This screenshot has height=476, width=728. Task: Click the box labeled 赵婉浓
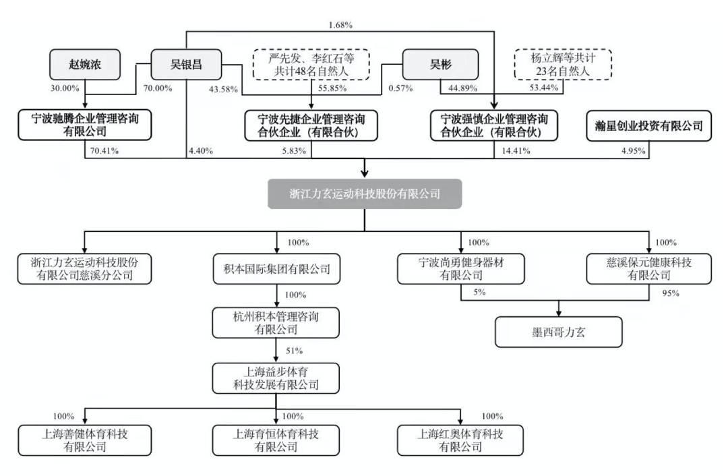(x=85, y=65)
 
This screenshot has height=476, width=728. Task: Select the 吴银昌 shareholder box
(x=186, y=65)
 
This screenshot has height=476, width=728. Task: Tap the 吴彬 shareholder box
(x=440, y=65)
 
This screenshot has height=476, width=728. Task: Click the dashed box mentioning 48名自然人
(x=311, y=65)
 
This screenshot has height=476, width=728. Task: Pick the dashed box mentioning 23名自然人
(x=563, y=65)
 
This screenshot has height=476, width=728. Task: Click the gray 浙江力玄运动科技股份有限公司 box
(x=365, y=194)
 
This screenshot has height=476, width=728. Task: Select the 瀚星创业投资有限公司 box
(x=648, y=126)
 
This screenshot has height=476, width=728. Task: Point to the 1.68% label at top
(x=340, y=25)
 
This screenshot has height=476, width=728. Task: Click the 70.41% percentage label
(x=104, y=151)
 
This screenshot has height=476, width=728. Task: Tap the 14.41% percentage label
(x=516, y=151)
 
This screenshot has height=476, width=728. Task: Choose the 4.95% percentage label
(x=633, y=151)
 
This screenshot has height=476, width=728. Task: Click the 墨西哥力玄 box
(x=559, y=332)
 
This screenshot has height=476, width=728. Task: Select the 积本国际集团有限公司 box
(x=277, y=269)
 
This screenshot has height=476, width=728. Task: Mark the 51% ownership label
(x=295, y=351)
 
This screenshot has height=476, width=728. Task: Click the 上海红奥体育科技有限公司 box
(x=460, y=440)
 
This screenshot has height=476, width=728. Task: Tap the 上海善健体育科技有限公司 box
(x=85, y=440)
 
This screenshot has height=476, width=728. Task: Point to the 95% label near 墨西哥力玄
(x=671, y=293)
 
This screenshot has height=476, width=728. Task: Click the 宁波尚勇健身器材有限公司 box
(x=461, y=269)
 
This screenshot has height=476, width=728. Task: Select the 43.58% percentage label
(x=223, y=89)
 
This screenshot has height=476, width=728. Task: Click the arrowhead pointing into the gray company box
(x=365, y=173)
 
